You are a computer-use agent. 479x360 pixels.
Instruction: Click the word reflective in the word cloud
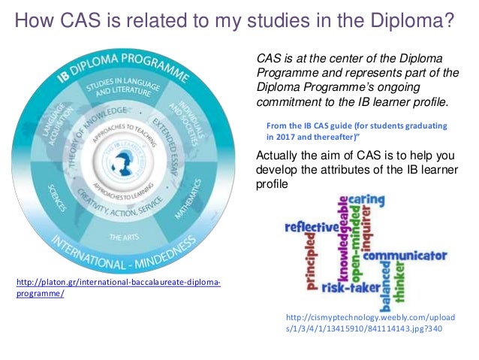[x=307, y=226]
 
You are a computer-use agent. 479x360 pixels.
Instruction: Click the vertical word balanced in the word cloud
[x=386, y=289]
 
